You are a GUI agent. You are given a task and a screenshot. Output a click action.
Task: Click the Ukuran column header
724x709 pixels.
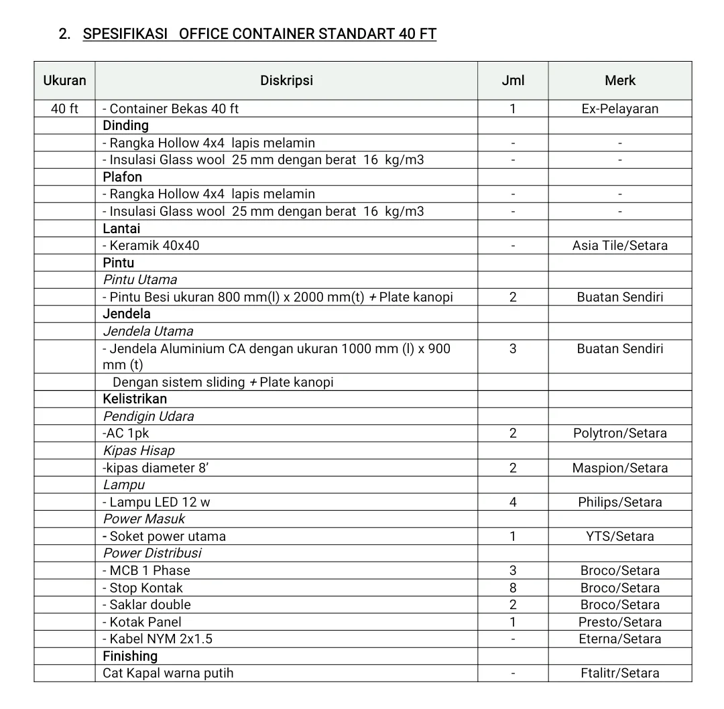(x=64, y=81)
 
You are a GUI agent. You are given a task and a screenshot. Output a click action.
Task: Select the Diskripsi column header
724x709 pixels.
(x=286, y=81)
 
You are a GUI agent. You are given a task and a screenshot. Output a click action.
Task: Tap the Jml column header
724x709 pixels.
(x=513, y=81)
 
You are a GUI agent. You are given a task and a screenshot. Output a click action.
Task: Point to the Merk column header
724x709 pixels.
(x=619, y=81)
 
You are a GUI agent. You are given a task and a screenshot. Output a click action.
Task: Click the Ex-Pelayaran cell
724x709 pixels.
(x=619, y=109)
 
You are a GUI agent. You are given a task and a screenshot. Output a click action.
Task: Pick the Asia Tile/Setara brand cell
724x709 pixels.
(x=619, y=245)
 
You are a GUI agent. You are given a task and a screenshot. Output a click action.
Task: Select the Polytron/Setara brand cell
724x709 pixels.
(x=619, y=433)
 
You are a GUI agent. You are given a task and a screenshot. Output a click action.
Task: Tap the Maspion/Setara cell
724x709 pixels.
(x=619, y=468)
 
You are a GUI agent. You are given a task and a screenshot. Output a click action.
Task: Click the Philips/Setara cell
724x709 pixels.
(x=619, y=502)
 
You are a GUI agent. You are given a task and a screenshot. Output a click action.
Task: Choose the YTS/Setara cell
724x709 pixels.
(x=619, y=536)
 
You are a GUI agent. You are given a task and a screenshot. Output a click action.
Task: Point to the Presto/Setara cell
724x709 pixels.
(x=619, y=622)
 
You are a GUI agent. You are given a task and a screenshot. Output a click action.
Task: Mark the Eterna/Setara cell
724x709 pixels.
(x=619, y=639)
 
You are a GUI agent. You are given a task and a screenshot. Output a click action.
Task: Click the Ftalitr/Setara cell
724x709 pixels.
(x=619, y=673)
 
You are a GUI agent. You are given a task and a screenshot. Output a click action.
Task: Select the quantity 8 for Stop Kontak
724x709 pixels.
(x=513, y=588)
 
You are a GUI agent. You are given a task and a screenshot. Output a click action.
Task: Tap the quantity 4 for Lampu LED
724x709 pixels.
(x=513, y=502)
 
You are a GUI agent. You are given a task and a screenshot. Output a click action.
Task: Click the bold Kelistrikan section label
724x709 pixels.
(x=135, y=399)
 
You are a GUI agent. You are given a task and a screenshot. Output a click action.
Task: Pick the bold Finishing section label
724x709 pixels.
(x=130, y=656)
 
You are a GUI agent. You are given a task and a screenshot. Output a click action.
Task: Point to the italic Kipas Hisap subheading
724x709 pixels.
(x=139, y=450)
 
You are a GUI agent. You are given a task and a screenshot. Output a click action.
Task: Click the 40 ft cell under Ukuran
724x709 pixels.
(x=64, y=109)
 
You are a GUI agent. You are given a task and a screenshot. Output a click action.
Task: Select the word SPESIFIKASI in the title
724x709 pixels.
(x=125, y=34)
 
